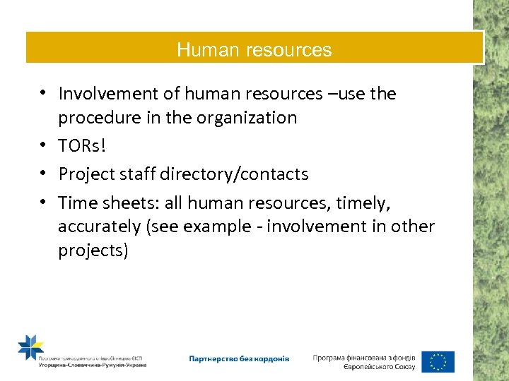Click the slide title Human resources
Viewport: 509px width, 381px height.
(x=255, y=50)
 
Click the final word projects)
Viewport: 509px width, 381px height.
(x=93, y=251)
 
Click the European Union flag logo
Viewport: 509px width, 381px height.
(x=438, y=361)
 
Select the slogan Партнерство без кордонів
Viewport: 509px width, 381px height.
(x=238, y=358)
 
